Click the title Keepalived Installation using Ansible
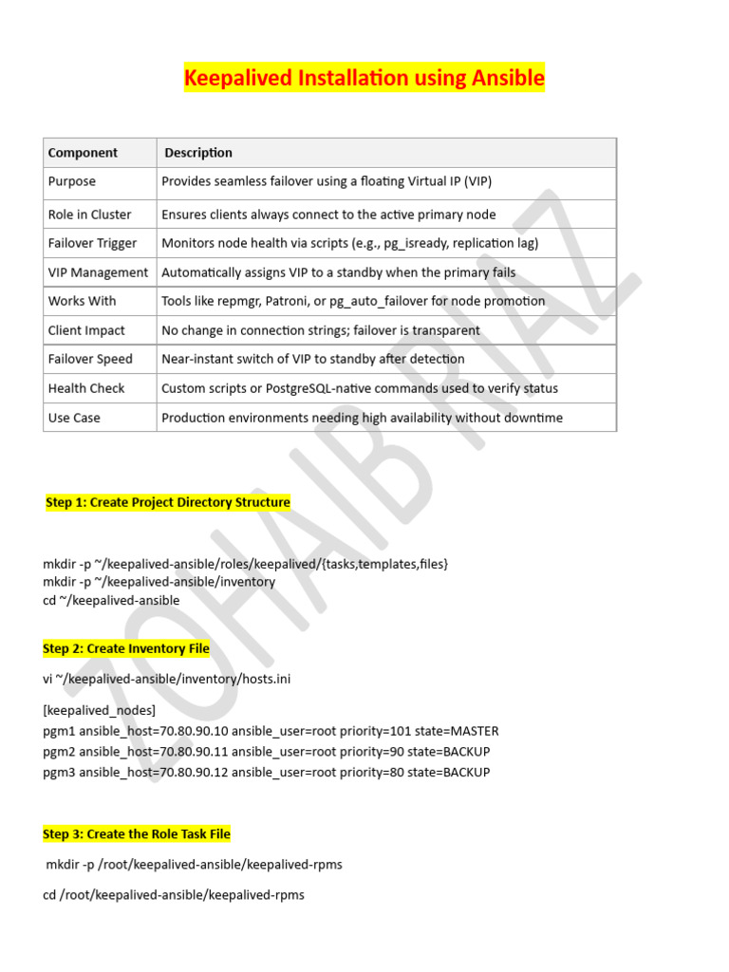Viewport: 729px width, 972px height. pyautogui.click(x=364, y=78)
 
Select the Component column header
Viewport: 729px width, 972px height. pyautogui.click(x=83, y=153)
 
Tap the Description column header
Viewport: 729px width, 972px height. pyautogui.click(x=198, y=153)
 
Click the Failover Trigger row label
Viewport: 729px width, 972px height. pyautogui.click(x=92, y=243)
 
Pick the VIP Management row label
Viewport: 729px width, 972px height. pyautogui.click(x=98, y=272)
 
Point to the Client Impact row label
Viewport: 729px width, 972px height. pyautogui.click(x=86, y=330)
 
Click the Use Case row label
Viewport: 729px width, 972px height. pyautogui.click(x=74, y=418)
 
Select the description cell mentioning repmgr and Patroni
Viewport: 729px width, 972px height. pyautogui.click(x=353, y=301)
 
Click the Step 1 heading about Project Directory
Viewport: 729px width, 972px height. pyautogui.click(x=168, y=502)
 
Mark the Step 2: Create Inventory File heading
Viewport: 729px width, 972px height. pyautogui.click(x=126, y=649)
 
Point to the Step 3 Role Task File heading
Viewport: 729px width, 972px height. pyautogui.click(x=137, y=834)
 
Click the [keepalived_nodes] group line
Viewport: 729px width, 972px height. pyautogui.click(x=100, y=710)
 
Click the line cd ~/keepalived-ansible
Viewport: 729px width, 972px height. pyautogui.click(x=111, y=601)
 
